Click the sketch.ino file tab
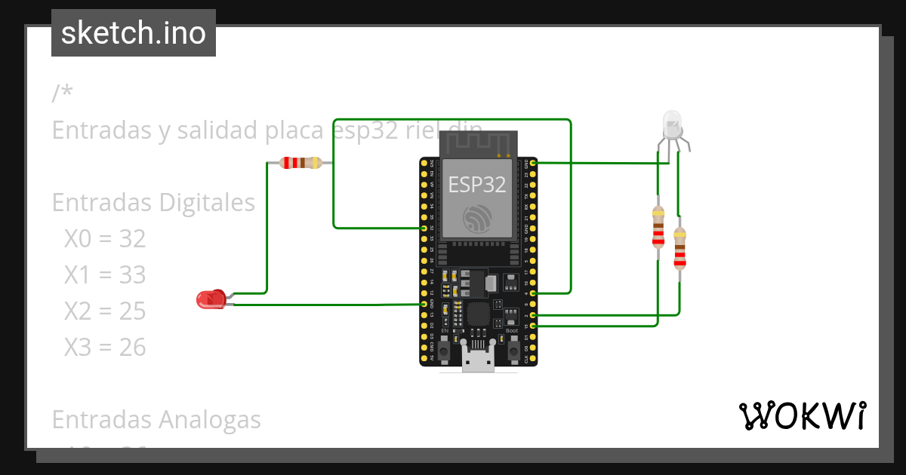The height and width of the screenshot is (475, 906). [134, 33]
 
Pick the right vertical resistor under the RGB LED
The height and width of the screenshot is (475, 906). [679, 248]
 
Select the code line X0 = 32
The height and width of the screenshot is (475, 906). [104, 239]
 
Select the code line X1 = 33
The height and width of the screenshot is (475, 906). [104, 275]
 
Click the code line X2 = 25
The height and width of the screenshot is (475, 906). [104, 311]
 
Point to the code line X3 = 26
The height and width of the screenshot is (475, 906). [104, 347]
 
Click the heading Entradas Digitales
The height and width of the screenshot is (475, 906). [153, 202]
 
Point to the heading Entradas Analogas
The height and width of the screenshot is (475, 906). [156, 419]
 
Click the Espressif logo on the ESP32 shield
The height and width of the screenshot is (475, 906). [477, 218]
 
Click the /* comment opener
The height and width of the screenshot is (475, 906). [63, 93]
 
